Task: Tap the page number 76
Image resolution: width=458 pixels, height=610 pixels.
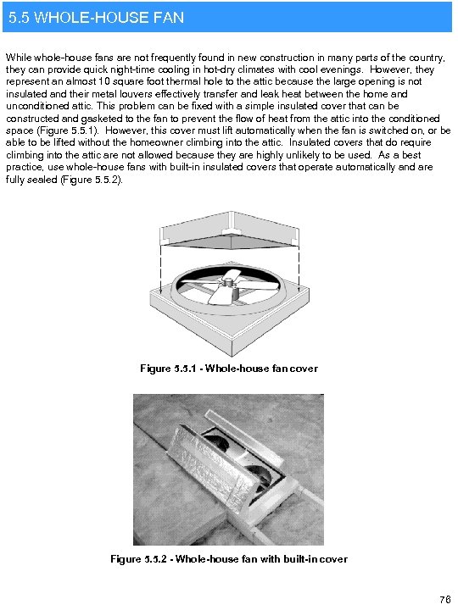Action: [444, 599]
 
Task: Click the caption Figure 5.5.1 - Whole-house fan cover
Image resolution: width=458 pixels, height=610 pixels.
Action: [228, 369]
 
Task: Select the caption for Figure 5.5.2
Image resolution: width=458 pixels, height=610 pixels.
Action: [229, 559]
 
